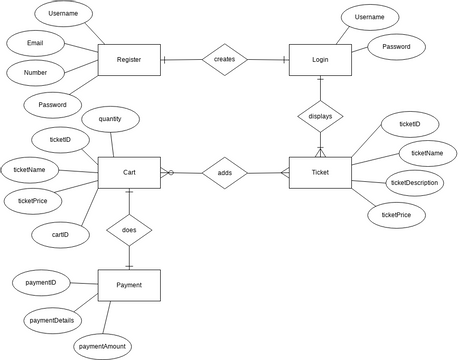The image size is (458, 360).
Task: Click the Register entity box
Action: [x=129, y=60]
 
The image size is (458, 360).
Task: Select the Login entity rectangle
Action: [x=320, y=60]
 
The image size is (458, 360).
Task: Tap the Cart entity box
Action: [x=129, y=173]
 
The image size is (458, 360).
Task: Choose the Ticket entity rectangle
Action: [x=320, y=173]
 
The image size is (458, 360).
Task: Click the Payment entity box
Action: [x=129, y=285]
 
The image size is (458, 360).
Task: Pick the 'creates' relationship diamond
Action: [x=224, y=60]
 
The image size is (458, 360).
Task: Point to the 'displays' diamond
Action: [x=320, y=116]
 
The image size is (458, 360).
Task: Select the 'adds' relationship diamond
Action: [x=224, y=173]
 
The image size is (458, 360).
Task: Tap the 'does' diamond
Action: [x=129, y=229]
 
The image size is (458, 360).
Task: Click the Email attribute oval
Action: [x=36, y=44]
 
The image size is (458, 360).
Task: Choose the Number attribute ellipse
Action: [x=36, y=73]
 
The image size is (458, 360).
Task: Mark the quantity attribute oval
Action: [x=110, y=118]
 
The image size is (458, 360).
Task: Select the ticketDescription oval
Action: [x=413, y=183]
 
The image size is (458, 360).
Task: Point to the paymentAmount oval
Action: [x=102, y=346]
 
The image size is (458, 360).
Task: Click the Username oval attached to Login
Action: [x=370, y=17]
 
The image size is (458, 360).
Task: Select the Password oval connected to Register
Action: [x=53, y=104]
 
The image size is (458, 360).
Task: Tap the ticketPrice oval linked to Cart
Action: [x=40, y=200]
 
